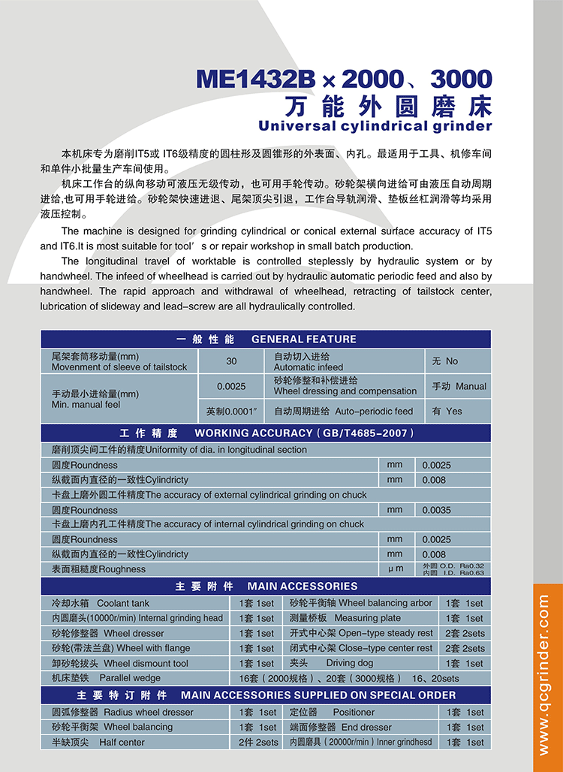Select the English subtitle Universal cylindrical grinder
pos(375,125)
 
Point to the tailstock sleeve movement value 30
pos(231,361)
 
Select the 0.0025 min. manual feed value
pos(231,386)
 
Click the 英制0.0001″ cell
pos(231,411)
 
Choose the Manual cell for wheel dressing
pos(459,386)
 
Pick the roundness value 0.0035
pos(436,510)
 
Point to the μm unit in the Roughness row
pos(395,569)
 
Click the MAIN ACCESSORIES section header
pos(303,586)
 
